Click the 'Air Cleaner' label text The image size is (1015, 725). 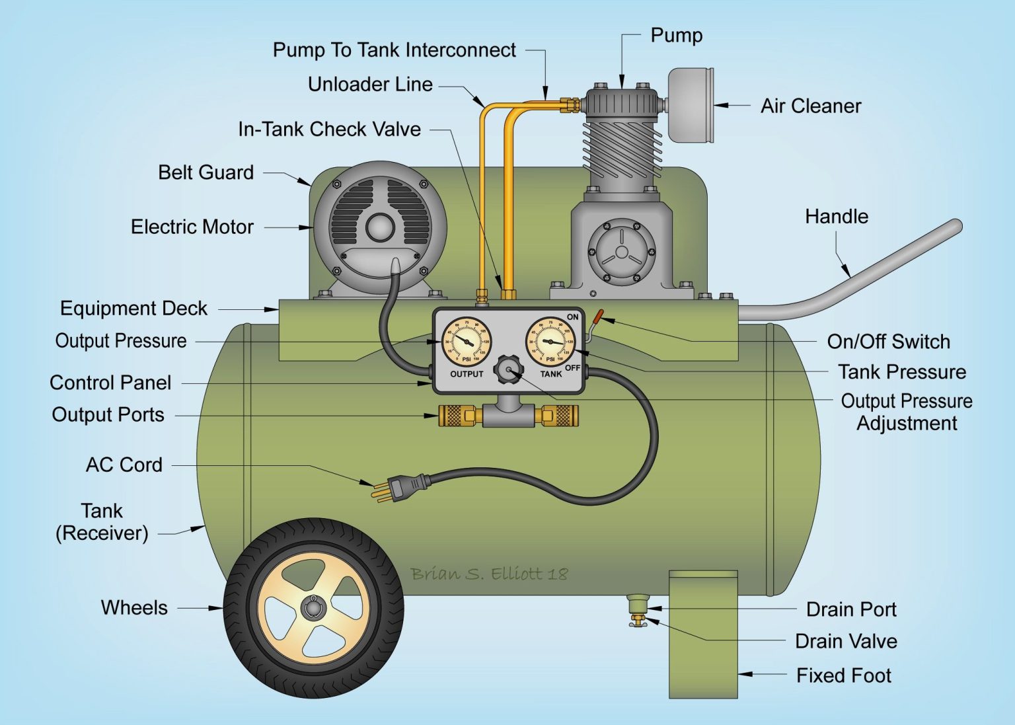810,106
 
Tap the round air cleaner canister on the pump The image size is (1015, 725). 691,105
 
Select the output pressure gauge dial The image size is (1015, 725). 467,341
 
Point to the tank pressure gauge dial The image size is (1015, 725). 550,341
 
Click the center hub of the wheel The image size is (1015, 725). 313,607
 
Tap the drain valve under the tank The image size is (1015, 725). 638,621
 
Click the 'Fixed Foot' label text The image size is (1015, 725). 843,675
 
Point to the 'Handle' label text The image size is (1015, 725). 836,217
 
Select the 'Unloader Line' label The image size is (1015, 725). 370,85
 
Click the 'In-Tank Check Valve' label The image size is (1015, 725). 329,130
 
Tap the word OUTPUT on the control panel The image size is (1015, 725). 467,374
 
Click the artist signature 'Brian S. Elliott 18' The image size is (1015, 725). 488,574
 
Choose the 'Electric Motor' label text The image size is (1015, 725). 192,227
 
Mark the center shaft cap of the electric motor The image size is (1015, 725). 380,227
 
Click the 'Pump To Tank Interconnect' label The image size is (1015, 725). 394,50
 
